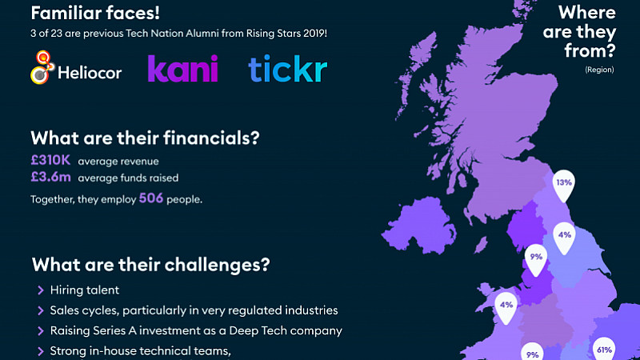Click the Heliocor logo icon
(x=42, y=67)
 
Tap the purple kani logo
(x=183, y=69)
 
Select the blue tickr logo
(x=288, y=69)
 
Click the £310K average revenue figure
(x=50, y=160)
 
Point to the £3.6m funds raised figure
(x=50, y=177)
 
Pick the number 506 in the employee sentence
(x=151, y=198)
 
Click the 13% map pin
(x=564, y=186)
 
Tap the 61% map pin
(x=604, y=349)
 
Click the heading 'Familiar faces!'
(x=95, y=13)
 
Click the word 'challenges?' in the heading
(x=217, y=265)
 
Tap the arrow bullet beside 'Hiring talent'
(x=41, y=290)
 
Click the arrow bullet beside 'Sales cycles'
(x=41, y=310)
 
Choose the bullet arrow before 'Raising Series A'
(x=41, y=331)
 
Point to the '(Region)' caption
(x=599, y=70)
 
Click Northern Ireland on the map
(x=421, y=226)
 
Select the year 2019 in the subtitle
(x=315, y=33)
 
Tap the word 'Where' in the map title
(x=587, y=12)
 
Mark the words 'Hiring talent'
(x=85, y=290)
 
